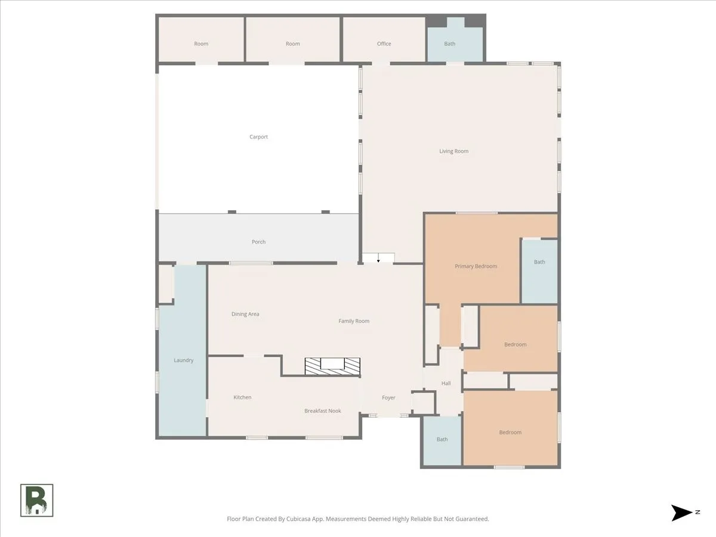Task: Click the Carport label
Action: pos(259,137)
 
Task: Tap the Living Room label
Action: pos(453,152)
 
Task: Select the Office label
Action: pos(384,44)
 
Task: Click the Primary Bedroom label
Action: pos(476,266)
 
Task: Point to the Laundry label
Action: pos(184,360)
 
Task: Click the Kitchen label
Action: pos(242,397)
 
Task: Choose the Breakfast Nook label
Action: pos(323,411)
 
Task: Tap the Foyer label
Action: pos(388,398)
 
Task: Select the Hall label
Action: pos(446,384)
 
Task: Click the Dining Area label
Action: pos(245,314)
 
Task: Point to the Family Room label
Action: pos(354,321)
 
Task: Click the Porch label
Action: pos(259,242)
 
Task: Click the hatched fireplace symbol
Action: pos(332,366)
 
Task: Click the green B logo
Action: pos(36,501)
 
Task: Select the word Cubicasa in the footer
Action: pos(298,519)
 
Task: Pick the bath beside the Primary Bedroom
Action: pos(539,271)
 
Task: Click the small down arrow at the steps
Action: pos(378,258)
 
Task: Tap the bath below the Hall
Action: pos(442,440)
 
